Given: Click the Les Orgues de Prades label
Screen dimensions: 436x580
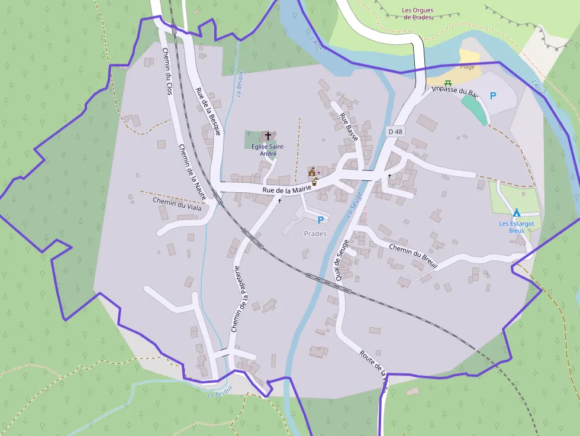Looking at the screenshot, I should tap(417, 14).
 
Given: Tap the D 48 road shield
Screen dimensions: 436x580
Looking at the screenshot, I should tap(395, 131).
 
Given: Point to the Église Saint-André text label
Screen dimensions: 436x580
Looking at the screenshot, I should tap(268, 150).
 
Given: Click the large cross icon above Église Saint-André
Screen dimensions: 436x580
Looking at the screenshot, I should tap(268, 136).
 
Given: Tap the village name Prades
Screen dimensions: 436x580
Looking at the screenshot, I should tap(315, 234).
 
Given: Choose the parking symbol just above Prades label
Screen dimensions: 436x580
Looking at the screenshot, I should tap(321, 220).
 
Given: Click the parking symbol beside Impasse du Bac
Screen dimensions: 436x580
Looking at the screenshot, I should tap(492, 95).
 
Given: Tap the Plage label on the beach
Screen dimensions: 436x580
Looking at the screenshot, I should tap(468, 67).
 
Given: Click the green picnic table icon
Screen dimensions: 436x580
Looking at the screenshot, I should tap(448, 83).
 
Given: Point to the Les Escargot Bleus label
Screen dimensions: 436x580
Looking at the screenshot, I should tap(516, 227).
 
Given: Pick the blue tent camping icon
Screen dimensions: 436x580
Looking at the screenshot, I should tap(516, 212).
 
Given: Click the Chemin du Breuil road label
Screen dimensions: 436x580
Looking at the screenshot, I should tap(413, 256).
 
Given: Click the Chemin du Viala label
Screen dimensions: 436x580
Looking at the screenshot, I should tap(177, 204).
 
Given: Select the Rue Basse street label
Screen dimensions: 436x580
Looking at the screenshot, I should tap(349, 124).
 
